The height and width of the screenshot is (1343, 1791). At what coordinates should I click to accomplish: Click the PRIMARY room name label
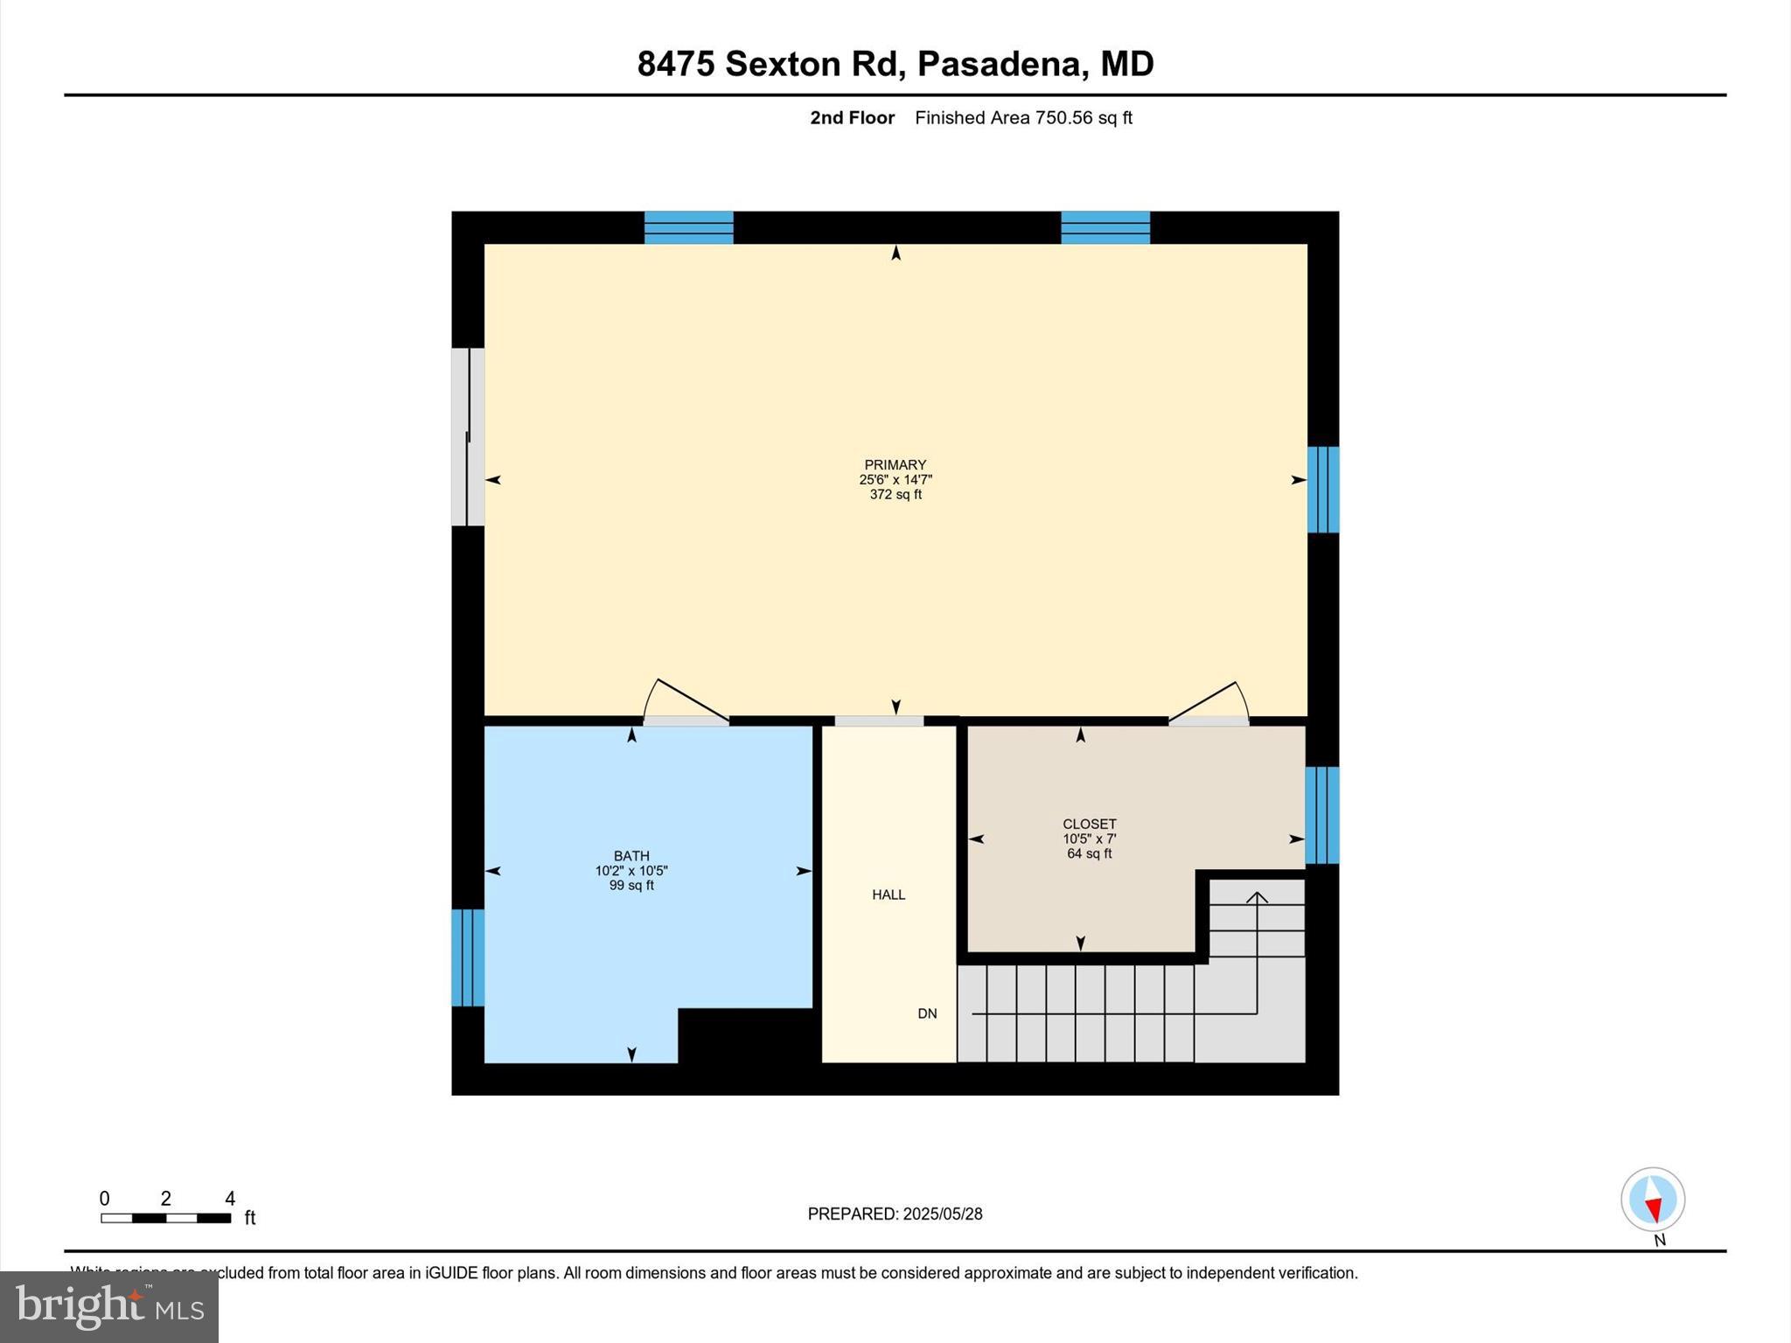tap(895, 465)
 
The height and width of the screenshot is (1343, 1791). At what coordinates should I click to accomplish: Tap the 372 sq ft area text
tap(895, 495)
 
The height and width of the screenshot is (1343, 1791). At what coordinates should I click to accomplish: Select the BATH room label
tap(631, 856)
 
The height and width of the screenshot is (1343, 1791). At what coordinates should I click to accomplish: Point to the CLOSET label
tap(1089, 824)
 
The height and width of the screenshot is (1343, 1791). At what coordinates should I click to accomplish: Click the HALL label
tap(888, 894)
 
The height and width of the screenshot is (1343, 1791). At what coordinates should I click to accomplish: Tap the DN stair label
tap(927, 1013)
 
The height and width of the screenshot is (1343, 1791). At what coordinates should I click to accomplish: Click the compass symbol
tap(1652, 1200)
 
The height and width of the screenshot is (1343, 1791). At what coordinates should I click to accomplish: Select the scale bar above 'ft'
tap(165, 1218)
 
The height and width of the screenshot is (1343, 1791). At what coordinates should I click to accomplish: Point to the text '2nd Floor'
tap(852, 118)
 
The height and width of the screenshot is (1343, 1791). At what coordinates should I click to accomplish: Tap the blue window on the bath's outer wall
tap(467, 957)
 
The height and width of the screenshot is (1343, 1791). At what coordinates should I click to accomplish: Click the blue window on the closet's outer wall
tap(1321, 815)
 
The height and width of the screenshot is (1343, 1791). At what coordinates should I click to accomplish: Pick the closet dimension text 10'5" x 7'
tap(1089, 839)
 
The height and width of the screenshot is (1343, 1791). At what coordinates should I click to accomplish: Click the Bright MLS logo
tap(109, 1307)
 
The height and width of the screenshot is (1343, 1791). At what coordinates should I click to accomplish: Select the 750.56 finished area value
tap(1063, 118)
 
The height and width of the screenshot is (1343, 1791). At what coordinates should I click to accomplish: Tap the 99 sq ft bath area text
tap(631, 886)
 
